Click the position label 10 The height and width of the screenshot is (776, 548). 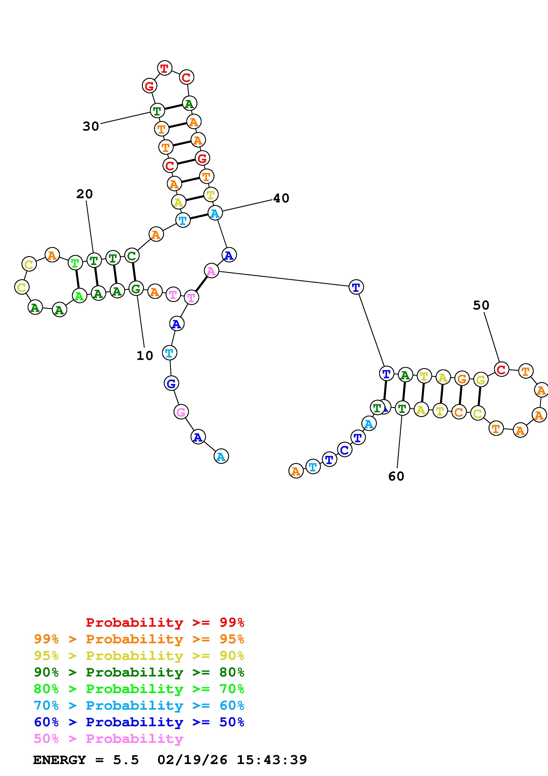point(145,355)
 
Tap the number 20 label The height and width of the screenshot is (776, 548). point(84,194)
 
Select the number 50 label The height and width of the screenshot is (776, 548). point(481,305)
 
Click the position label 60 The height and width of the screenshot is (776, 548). point(396,476)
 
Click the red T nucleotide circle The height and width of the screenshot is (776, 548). point(164,68)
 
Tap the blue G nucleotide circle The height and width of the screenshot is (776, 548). point(171,383)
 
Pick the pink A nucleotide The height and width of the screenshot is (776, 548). point(211,271)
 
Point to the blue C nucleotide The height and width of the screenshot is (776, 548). point(344,450)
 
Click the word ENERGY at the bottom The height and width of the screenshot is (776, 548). point(59,760)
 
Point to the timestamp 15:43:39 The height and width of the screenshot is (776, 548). point(272,760)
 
